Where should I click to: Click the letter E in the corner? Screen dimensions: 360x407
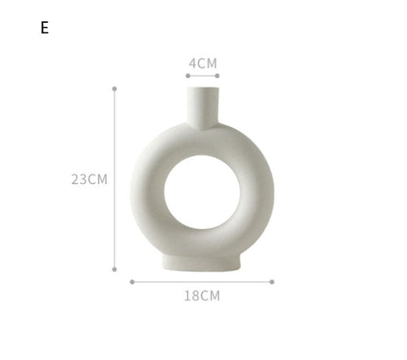45,28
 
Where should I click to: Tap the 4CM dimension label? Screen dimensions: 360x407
203,63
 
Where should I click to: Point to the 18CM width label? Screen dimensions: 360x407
202,296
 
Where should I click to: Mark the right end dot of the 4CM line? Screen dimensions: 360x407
218,76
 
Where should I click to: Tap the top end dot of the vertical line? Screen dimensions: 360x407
115,88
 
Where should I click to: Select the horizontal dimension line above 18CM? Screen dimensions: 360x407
202,282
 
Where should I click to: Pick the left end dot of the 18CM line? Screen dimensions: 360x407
132,282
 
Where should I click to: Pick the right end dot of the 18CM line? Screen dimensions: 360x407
272,282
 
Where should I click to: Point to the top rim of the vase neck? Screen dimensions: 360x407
203,89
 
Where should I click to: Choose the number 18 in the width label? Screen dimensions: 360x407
192,296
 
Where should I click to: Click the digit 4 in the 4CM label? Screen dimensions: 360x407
193,63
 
